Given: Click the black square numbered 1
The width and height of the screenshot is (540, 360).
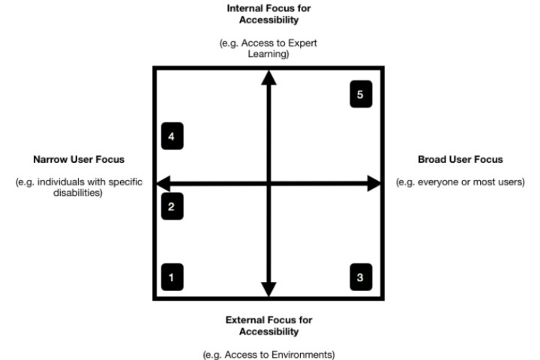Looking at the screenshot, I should pyautogui.click(x=172, y=277).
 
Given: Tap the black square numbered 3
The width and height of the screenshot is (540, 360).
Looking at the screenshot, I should pyautogui.click(x=360, y=277).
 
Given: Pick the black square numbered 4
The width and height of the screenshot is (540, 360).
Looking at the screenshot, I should pyautogui.click(x=172, y=136).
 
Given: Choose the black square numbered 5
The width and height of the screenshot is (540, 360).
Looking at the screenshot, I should pyautogui.click(x=360, y=94).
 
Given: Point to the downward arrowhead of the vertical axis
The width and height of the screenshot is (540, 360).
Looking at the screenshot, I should pyautogui.click(x=268, y=289).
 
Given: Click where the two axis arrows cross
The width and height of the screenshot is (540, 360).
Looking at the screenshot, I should pyautogui.click(x=268, y=182).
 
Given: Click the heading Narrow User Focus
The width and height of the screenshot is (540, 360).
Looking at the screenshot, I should pyautogui.click(x=79, y=160).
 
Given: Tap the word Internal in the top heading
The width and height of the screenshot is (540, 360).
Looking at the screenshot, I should pyautogui.click(x=244, y=8).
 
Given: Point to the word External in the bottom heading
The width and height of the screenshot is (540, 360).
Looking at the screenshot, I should pyautogui.click(x=244, y=320).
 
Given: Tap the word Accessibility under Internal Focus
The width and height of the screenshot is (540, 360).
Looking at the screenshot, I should pyautogui.click(x=268, y=19).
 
